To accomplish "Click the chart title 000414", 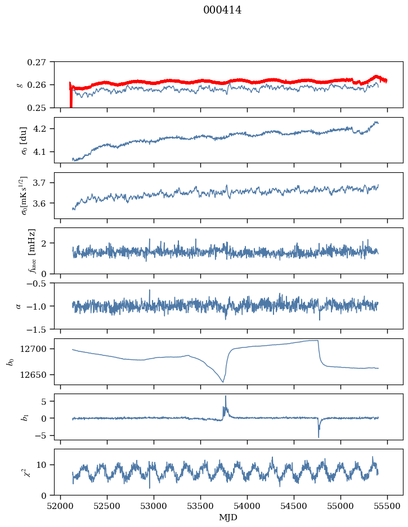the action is click(x=222, y=10).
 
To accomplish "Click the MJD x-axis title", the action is click(x=228, y=517).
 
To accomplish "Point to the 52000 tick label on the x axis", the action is click(x=60, y=506).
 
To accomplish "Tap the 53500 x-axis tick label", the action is click(x=200, y=506).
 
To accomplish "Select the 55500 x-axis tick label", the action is click(x=387, y=506).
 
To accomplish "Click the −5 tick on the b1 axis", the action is click(x=44, y=436).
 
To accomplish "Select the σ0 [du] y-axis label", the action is click(x=24, y=140).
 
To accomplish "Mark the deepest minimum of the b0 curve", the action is click(x=223, y=382).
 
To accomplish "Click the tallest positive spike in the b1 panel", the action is click(x=226, y=396).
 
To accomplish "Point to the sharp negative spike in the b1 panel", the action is click(x=319, y=436).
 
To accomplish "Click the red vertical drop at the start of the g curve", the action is click(x=71, y=96).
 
